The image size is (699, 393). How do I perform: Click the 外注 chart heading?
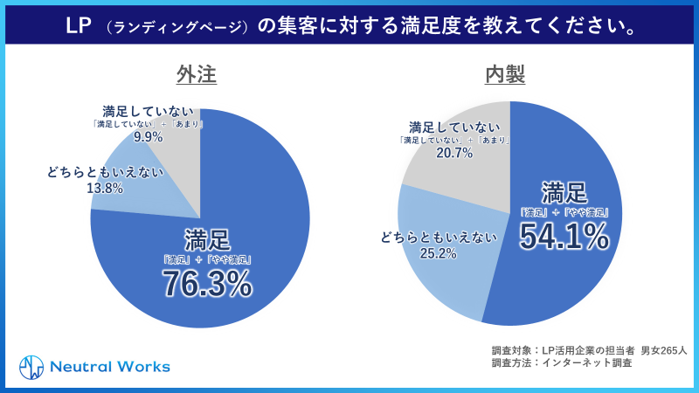pyautogui.click(x=197, y=76)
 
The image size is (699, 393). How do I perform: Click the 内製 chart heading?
pyautogui.click(x=505, y=76)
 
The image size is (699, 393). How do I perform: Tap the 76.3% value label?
pyautogui.click(x=207, y=284)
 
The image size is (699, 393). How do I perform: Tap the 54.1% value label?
pyautogui.click(x=564, y=236)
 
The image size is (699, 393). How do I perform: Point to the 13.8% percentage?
pyautogui.click(x=104, y=188)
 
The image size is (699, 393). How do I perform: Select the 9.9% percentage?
pyautogui.click(x=149, y=137)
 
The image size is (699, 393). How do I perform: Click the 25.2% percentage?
pyautogui.click(x=438, y=254)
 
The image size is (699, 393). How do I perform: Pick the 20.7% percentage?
pyautogui.click(x=455, y=154)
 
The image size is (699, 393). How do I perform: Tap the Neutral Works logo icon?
pyautogui.click(x=31, y=366)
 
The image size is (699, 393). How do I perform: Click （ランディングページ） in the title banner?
pyautogui.click(x=175, y=27)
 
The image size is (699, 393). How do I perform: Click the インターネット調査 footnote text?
pyautogui.click(x=586, y=362)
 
